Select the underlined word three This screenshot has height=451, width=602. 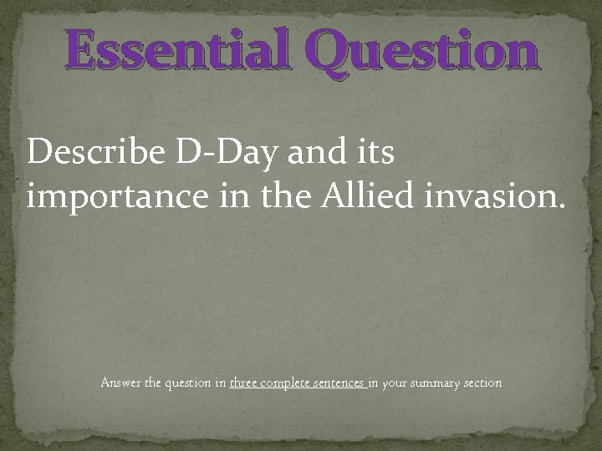[249, 383]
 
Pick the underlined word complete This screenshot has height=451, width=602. [293, 384]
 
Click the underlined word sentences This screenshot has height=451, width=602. [342, 383]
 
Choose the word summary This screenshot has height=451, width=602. [439, 384]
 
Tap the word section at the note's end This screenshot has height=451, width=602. [484, 383]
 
